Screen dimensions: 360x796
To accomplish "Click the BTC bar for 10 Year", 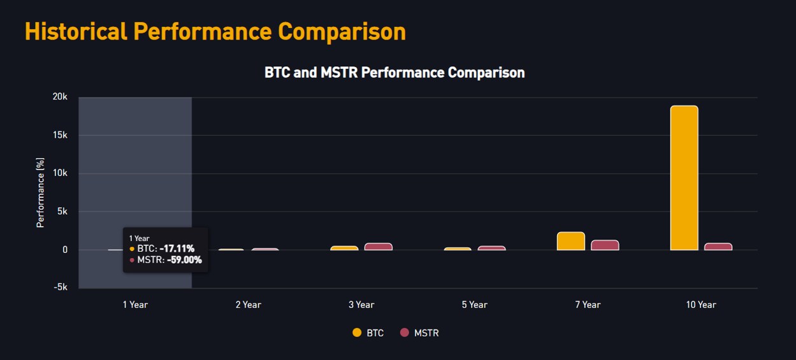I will [x=684, y=178].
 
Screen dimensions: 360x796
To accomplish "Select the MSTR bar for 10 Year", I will [x=718, y=247].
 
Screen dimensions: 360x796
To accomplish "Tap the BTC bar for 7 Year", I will [x=570, y=241].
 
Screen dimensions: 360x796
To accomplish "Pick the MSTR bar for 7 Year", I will [x=605, y=245].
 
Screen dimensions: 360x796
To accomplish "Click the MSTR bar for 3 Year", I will [x=378, y=247].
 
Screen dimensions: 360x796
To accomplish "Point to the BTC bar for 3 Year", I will [x=344, y=248].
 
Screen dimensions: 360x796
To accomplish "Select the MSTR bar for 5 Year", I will [x=491, y=248].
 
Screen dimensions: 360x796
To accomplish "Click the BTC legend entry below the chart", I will [x=368, y=333].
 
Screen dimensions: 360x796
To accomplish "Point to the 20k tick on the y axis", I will [x=60, y=97].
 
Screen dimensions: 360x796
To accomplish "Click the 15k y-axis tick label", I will [x=60, y=135].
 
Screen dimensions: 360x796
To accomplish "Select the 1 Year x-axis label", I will [x=135, y=305].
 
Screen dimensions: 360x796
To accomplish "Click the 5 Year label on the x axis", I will [x=474, y=305].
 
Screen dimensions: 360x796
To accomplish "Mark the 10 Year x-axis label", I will [x=700, y=305].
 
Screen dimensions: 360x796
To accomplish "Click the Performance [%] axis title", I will [x=40, y=193].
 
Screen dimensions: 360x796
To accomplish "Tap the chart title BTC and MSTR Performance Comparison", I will [x=394, y=73].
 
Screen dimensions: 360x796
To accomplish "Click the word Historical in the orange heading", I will [x=75, y=31].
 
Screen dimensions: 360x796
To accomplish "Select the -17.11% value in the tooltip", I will [x=177, y=248].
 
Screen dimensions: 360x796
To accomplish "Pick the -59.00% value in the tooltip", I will [x=184, y=260].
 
